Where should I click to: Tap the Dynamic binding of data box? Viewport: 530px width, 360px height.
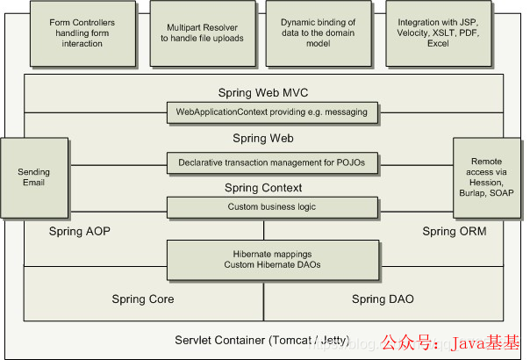[x=317, y=32]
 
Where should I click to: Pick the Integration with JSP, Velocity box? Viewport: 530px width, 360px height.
[x=437, y=32]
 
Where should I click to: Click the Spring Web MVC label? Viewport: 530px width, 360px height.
[x=263, y=92]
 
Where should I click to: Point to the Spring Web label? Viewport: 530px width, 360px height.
[x=263, y=139]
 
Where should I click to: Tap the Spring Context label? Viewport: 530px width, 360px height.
[x=263, y=188]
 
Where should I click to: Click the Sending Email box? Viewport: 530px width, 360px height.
[x=34, y=177]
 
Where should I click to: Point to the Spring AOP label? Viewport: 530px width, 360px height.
[x=79, y=231]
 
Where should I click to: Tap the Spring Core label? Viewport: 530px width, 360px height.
[x=143, y=299]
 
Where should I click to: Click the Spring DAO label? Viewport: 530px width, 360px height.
[x=383, y=299]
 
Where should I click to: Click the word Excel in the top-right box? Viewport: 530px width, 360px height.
[x=436, y=54]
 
